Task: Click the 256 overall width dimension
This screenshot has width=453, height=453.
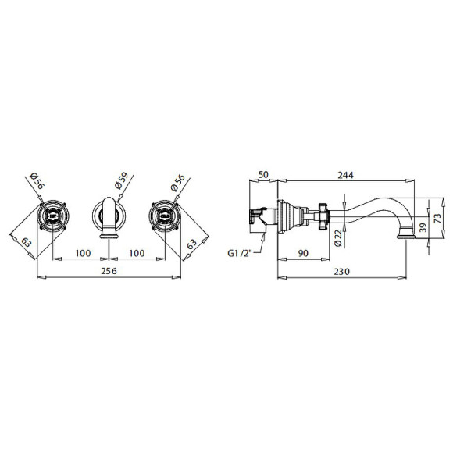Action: pyautogui.click(x=109, y=271)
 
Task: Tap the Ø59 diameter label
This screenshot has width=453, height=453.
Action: pyautogui.click(x=121, y=180)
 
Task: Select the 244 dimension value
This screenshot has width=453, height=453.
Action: pyautogui.click(x=345, y=175)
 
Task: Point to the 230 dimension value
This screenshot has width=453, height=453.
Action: pyautogui.click(x=342, y=272)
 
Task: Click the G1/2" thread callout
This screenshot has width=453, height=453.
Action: pyautogui.click(x=240, y=253)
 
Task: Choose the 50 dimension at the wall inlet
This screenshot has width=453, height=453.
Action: pyautogui.click(x=263, y=174)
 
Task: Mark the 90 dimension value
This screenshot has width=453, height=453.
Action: pyautogui.click(x=303, y=253)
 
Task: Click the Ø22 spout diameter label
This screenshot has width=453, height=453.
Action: pyautogui.click(x=337, y=238)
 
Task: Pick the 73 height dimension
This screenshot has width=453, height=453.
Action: pyautogui.click(x=437, y=218)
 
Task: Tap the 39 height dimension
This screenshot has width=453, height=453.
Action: pyautogui.click(x=423, y=227)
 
